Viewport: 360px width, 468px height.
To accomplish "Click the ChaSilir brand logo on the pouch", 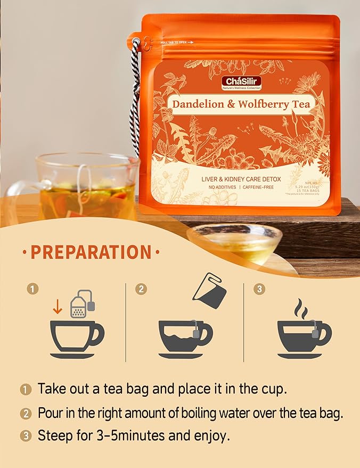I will (x=242, y=83).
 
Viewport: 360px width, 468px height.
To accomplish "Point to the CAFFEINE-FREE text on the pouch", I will (x=261, y=187).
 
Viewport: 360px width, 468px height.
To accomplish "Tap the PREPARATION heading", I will (x=90, y=252).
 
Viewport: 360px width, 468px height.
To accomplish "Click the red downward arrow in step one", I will (x=58, y=306).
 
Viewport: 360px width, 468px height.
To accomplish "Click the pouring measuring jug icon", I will (x=209, y=290).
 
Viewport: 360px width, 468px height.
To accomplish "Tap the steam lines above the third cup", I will (x=302, y=309).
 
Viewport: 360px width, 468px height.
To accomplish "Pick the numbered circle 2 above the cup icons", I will (x=141, y=289).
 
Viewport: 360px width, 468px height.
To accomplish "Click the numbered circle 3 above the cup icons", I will (x=259, y=289).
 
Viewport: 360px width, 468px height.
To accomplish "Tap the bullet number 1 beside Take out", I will (x=26, y=389).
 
